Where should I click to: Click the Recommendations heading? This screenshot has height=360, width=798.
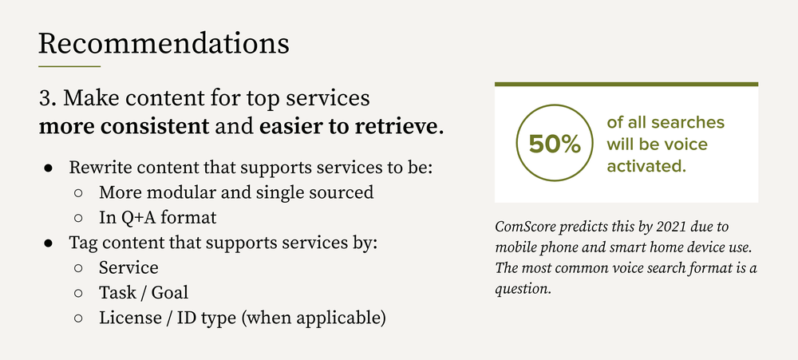(x=164, y=42)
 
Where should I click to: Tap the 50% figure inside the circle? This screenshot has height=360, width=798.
(x=554, y=144)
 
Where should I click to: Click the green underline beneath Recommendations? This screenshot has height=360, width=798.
(x=69, y=66)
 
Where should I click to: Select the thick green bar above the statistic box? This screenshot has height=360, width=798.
(x=626, y=84)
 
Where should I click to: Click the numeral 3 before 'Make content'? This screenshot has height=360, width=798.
(x=45, y=99)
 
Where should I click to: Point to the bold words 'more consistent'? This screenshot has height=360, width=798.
(x=124, y=126)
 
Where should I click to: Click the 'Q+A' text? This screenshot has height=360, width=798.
(x=135, y=216)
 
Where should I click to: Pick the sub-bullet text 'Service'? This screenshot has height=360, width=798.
(x=128, y=267)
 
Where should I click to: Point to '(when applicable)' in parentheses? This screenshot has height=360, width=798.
(x=314, y=318)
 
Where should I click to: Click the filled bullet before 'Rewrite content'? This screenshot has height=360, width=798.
(x=48, y=169)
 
